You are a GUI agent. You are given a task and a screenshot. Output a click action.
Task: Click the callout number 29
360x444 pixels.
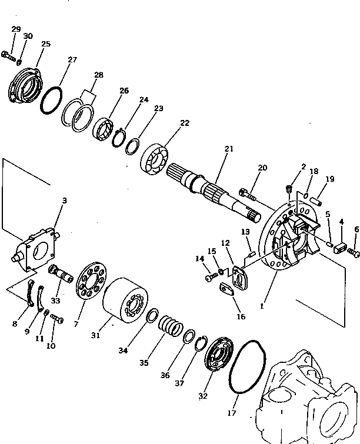click(16, 29)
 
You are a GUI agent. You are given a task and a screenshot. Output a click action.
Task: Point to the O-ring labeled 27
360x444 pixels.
click(51, 101)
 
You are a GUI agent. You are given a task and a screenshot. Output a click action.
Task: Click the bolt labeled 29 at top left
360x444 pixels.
click(8, 57)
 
